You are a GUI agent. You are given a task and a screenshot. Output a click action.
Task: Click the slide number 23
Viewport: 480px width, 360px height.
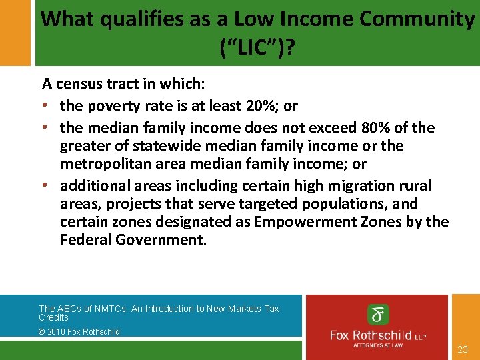click(x=463, y=349)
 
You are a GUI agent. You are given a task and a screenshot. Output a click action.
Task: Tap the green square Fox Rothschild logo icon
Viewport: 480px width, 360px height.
click(x=379, y=315)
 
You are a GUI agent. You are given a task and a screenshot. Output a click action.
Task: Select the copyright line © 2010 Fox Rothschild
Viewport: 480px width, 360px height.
click(x=79, y=331)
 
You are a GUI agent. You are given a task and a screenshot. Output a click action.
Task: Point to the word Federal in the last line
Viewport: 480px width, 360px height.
click(x=84, y=239)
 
